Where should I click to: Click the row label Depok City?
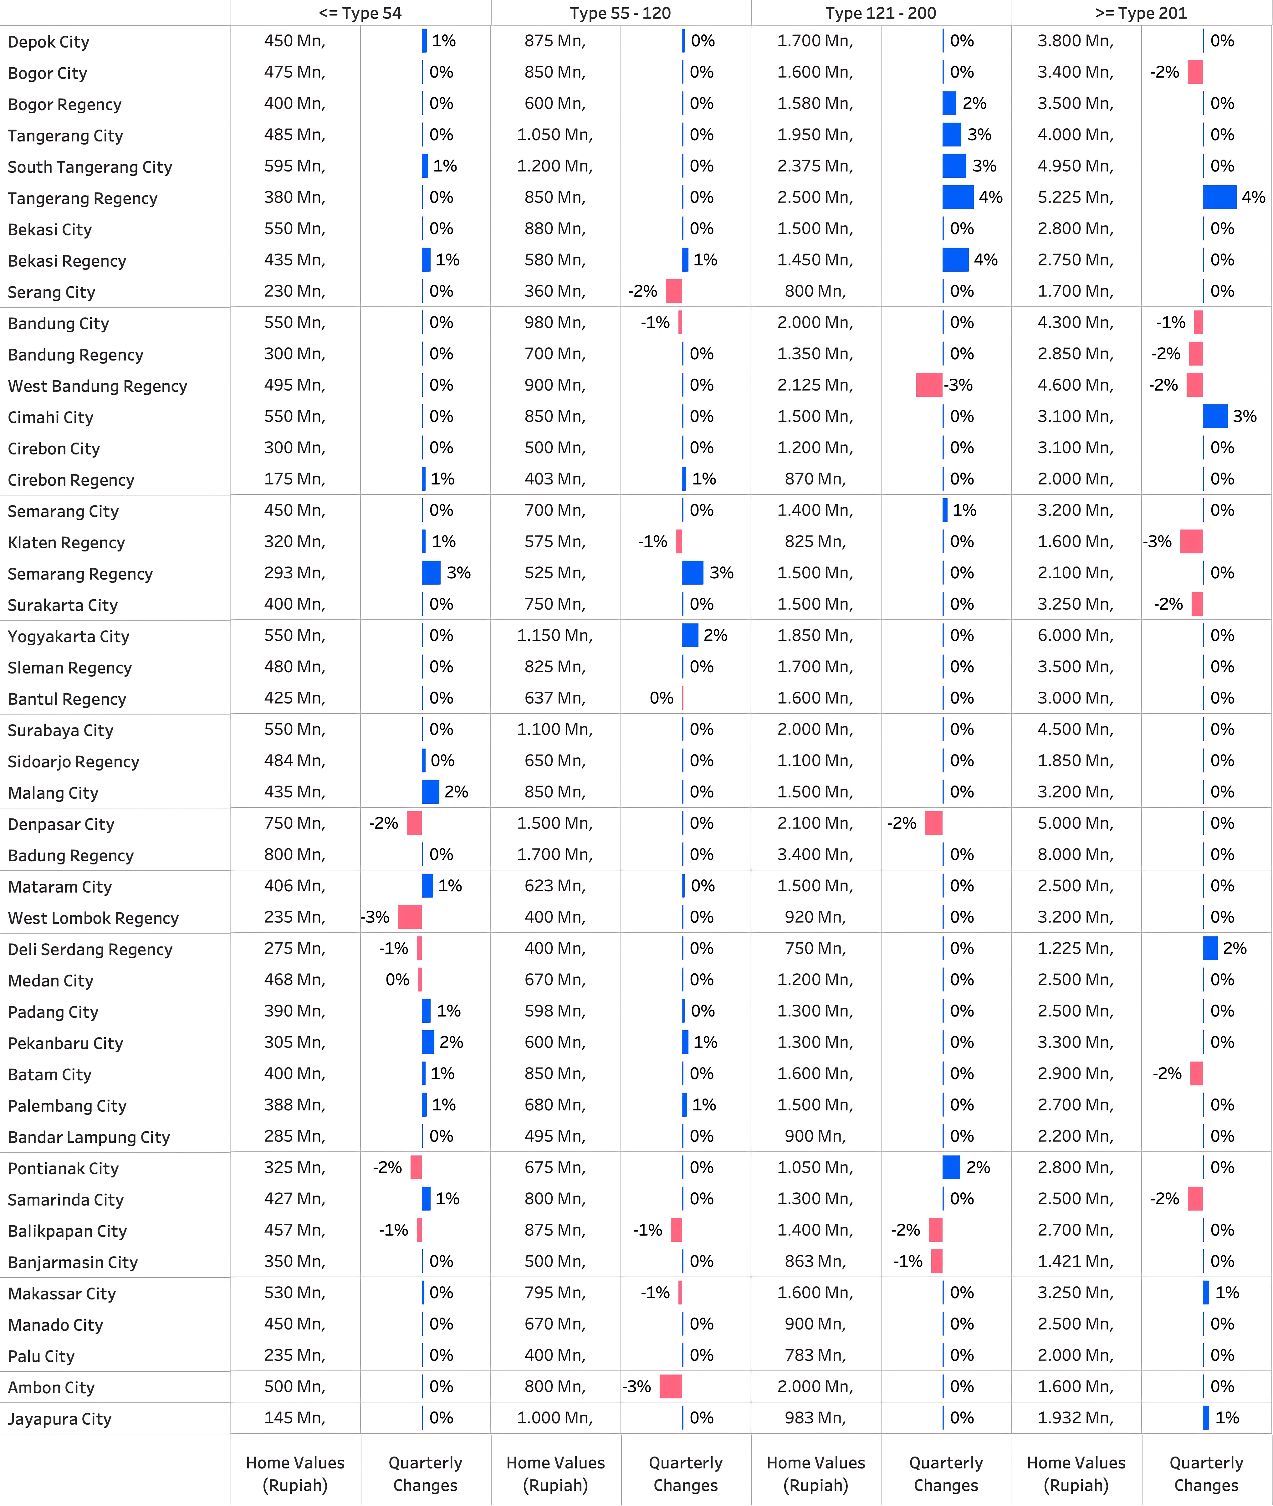[x=49, y=42]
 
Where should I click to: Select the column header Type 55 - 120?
[x=620, y=13]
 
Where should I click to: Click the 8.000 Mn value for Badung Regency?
[x=1075, y=854]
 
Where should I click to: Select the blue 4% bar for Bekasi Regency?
[x=955, y=260]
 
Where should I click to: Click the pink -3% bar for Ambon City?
[x=670, y=1386]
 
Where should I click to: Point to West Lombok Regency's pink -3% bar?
[x=410, y=917]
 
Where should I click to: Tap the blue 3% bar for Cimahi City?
[x=1215, y=416]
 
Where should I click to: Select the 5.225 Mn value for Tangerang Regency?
[x=1075, y=197]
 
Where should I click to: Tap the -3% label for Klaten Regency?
[x=1157, y=541]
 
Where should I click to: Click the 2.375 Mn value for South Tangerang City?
[x=815, y=166]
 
